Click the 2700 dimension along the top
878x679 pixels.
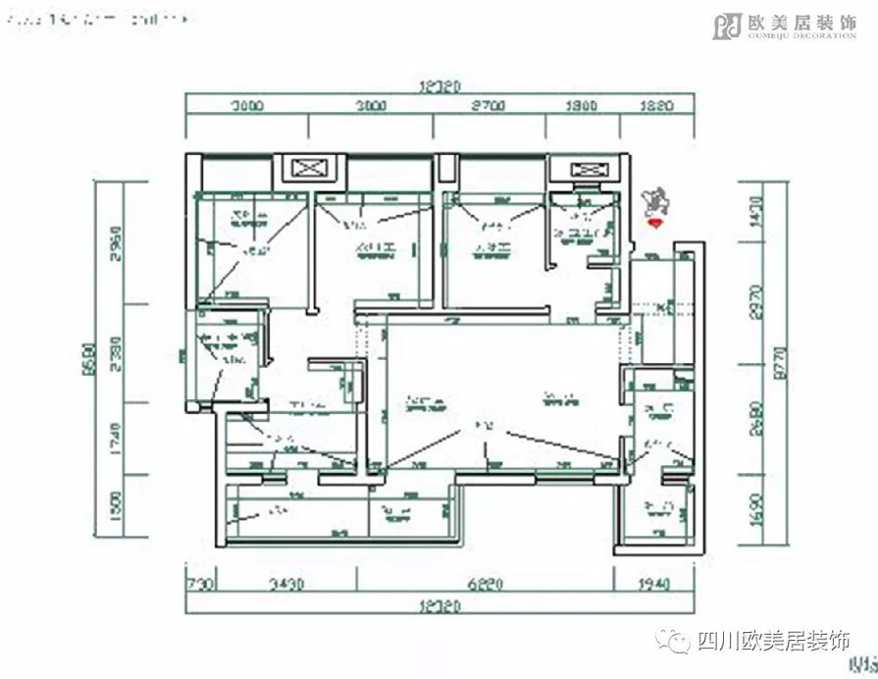[x=487, y=107]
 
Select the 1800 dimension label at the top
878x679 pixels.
[x=583, y=107]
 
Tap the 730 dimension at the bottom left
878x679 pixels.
[x=200, y=585]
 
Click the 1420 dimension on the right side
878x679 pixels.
[x=753, y=212]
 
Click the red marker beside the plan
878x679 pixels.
[x=655, y=224]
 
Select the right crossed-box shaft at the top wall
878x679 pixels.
[x=583, y=169]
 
